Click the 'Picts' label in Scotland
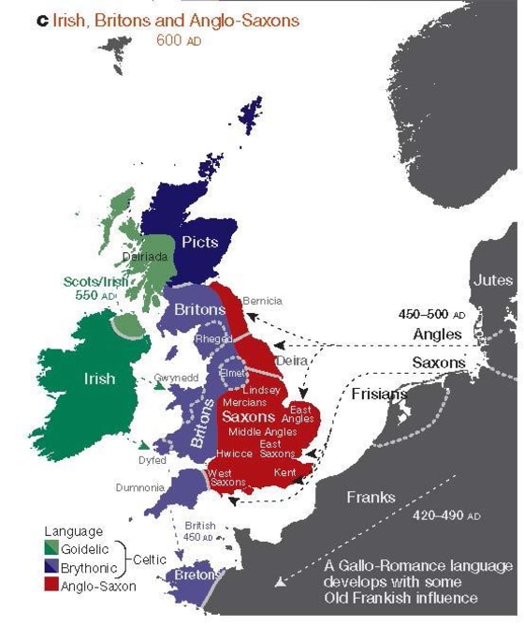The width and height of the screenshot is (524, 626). [x=198, y=242]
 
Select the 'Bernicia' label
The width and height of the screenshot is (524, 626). [x=262, y=301]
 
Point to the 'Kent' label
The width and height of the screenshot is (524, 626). [x=285, y=473]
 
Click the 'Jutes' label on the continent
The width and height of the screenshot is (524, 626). [x=492, y=280]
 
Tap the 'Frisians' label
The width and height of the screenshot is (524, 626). [x=379, y=395]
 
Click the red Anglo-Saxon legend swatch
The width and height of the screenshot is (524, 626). [x=52, y=586]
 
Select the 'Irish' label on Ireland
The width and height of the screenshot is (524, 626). [x=98, y=379]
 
